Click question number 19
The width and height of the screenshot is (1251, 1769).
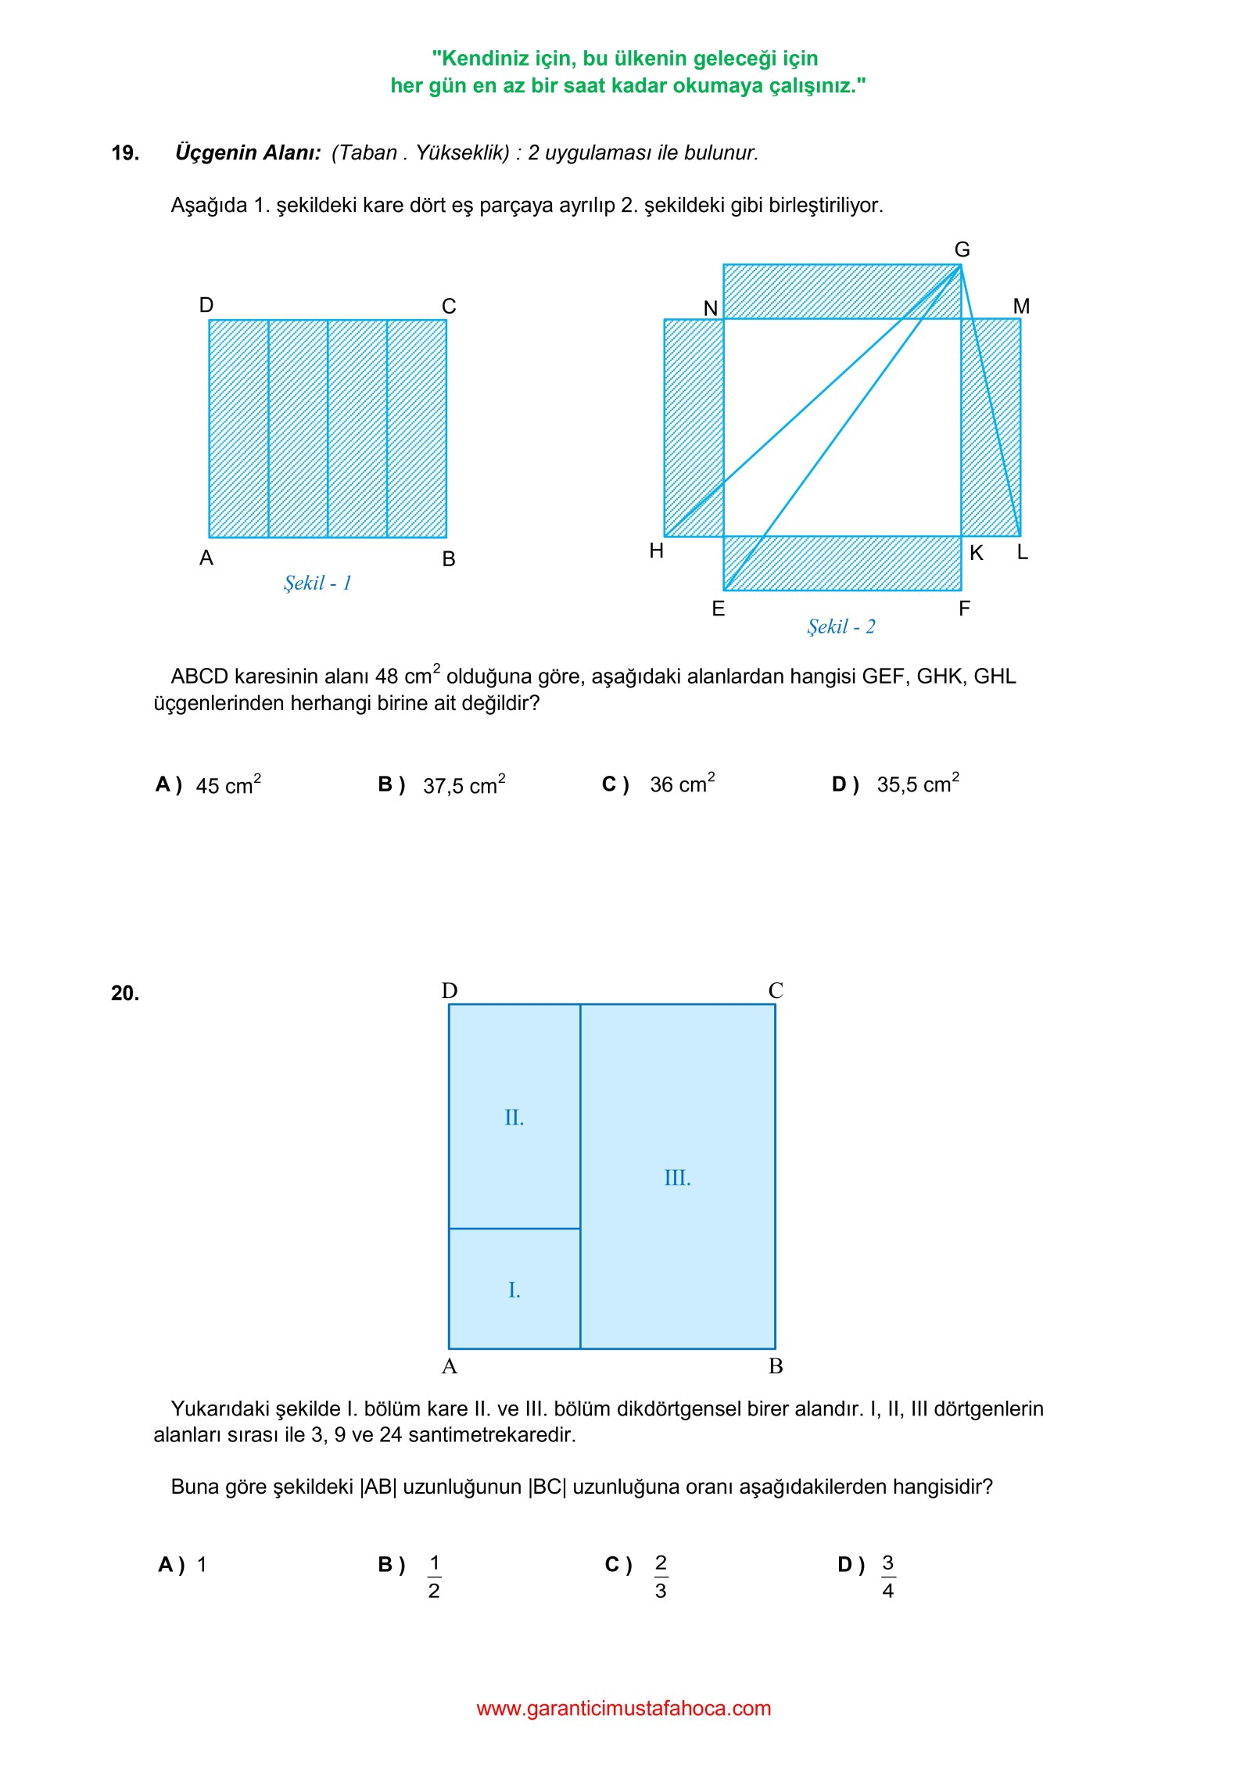click(x=125, y=152)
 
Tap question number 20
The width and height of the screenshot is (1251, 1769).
click(x=125, y=993)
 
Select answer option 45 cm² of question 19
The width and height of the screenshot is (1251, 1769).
click(x=228, y=784)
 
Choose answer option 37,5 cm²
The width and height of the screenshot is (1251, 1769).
click(x=464, y=784)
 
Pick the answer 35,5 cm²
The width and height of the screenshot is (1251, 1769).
click(x=918, y=784)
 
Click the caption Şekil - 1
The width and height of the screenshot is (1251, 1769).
click(x=317, y=583)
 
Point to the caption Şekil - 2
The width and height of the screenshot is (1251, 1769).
click(x=841, y=626)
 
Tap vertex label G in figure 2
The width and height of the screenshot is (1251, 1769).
click(x=962, y=249)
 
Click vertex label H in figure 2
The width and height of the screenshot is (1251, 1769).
click(x=657, y=551)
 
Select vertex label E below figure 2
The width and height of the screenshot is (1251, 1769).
click(x=719, y=608)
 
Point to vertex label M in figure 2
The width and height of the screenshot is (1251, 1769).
click(x=1021, y=307)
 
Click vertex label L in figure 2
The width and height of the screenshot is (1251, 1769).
click(x=1022, y=552)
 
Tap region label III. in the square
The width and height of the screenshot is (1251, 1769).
click(x=678, y=1178)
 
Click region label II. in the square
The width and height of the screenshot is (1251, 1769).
click(x=514, y=1118)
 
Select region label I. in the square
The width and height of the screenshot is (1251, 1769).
click(x=514, y=1290)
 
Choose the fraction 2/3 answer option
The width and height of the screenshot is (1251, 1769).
click(x=661, y=1577)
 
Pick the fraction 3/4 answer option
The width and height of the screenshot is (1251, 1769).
click(x=888, y=1577)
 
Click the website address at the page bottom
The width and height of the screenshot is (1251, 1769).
click(x=624, y=1708)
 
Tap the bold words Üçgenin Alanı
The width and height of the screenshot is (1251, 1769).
click(x=248, y=152)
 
